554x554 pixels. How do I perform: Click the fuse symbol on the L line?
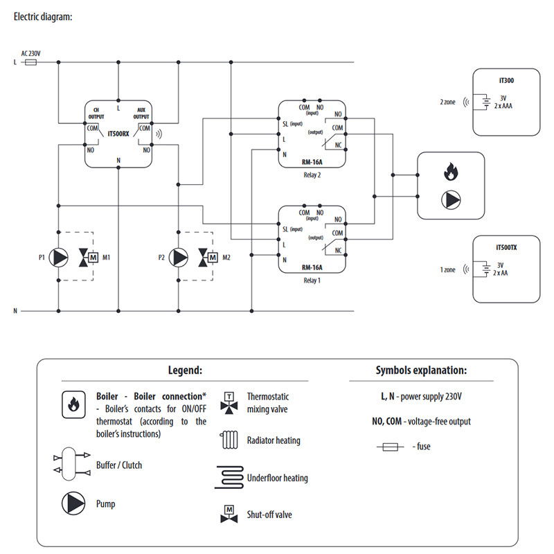click(30, 62)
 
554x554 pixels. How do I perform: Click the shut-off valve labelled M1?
click(89, 258)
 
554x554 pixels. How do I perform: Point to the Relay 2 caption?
click(312, 175)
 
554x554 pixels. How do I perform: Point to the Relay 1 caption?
click(312, 281)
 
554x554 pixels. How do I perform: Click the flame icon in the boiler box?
click(450, 170)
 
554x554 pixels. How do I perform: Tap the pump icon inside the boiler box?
click(450, 199)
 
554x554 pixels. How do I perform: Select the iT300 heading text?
click(506, 80)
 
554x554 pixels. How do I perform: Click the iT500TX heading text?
click(506, 247)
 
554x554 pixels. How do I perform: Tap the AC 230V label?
click(31, 53)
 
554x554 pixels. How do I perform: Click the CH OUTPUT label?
click(96, 114)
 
